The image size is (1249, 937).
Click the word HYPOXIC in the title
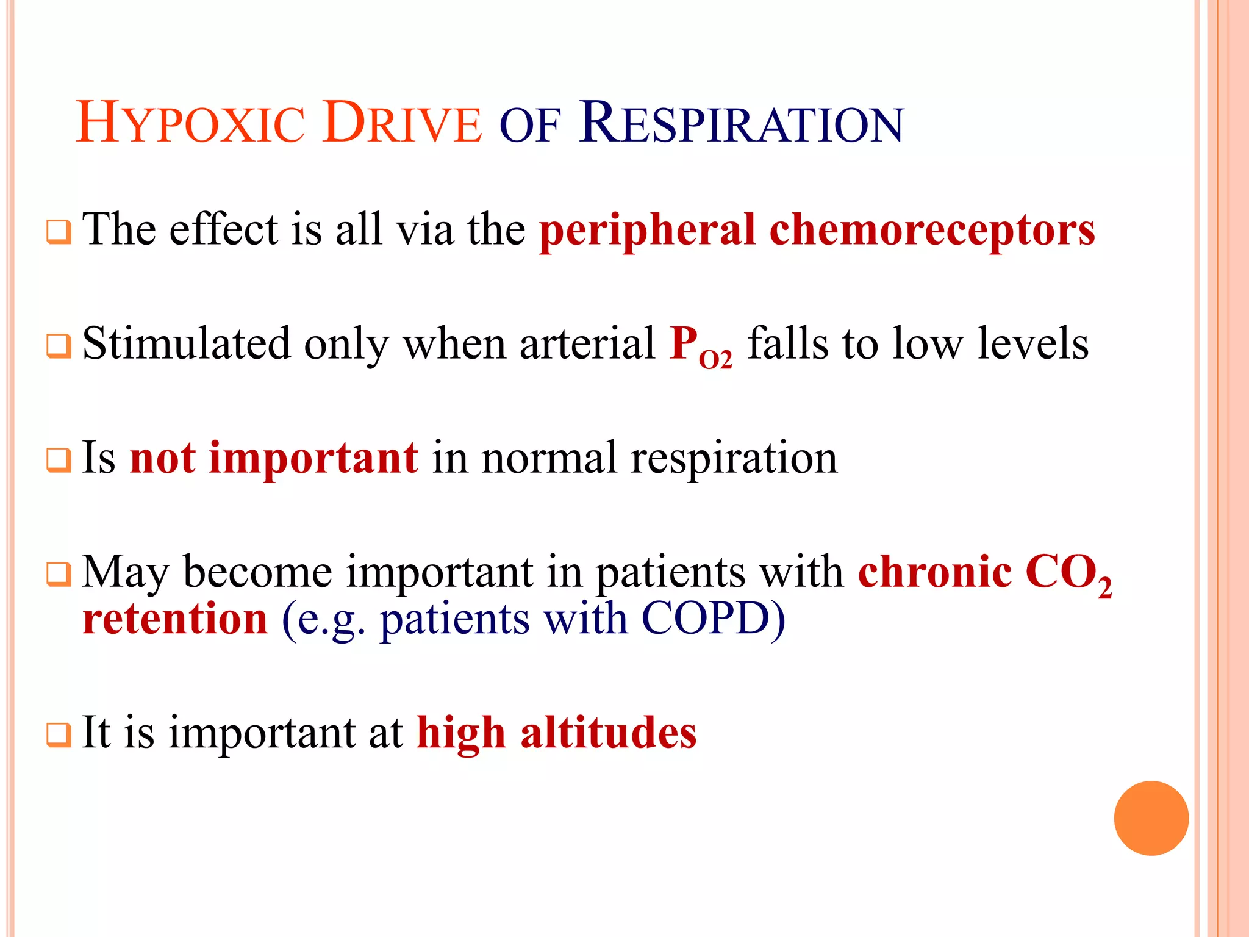pos(190,124)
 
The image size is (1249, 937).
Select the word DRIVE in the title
pos(403,124)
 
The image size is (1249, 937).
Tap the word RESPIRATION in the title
pos(741,124)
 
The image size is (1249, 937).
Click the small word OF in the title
pos(529,127)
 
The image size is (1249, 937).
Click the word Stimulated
pos(186,343)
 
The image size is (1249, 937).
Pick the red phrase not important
pos(274,458)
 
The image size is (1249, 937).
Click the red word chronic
pos(935,572)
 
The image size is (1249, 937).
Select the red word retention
pos(175,619)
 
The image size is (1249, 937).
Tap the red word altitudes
pos(608,732)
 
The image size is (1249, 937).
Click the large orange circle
pos(1151,818)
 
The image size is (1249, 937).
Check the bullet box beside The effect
pos(59,232)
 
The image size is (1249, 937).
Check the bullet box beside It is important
pos(59,735)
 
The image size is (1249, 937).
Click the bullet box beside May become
pos(59,575)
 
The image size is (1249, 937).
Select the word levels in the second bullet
pos(1032,343)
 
